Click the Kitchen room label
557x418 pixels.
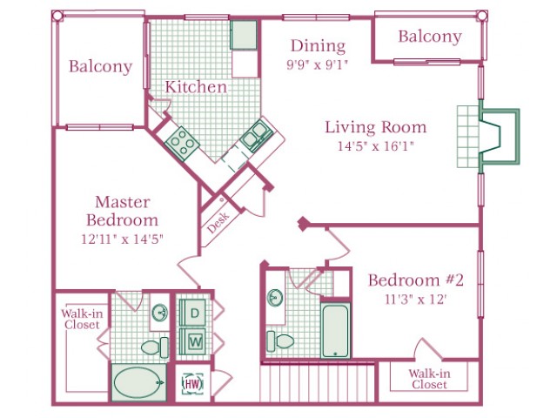coord(196,87)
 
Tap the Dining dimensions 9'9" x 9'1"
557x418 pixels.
coord(317,65)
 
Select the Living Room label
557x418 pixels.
coord(376,127)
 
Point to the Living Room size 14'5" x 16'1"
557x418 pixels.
coord(376,145)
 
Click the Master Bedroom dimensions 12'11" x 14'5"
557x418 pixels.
coord(122,239)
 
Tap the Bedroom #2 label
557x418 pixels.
coord(416,280)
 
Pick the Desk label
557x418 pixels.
coord(218,223)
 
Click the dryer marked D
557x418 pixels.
coord(192,313)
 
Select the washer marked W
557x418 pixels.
coord(192,341)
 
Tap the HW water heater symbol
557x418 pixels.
coord(193,383)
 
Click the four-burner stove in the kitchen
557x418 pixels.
coord(182,142)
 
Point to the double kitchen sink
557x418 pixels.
coord(257,136)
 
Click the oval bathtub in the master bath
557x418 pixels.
coord(138,382)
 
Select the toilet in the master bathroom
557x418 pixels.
coord(155,347)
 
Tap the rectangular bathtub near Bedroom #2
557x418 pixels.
coord(335,331)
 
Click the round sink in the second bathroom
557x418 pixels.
coord(275,298)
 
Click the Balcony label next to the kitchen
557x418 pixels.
coord(101,66)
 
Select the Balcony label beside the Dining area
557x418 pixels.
coord(430,37)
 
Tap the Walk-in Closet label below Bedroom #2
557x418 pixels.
coord(429,379)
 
